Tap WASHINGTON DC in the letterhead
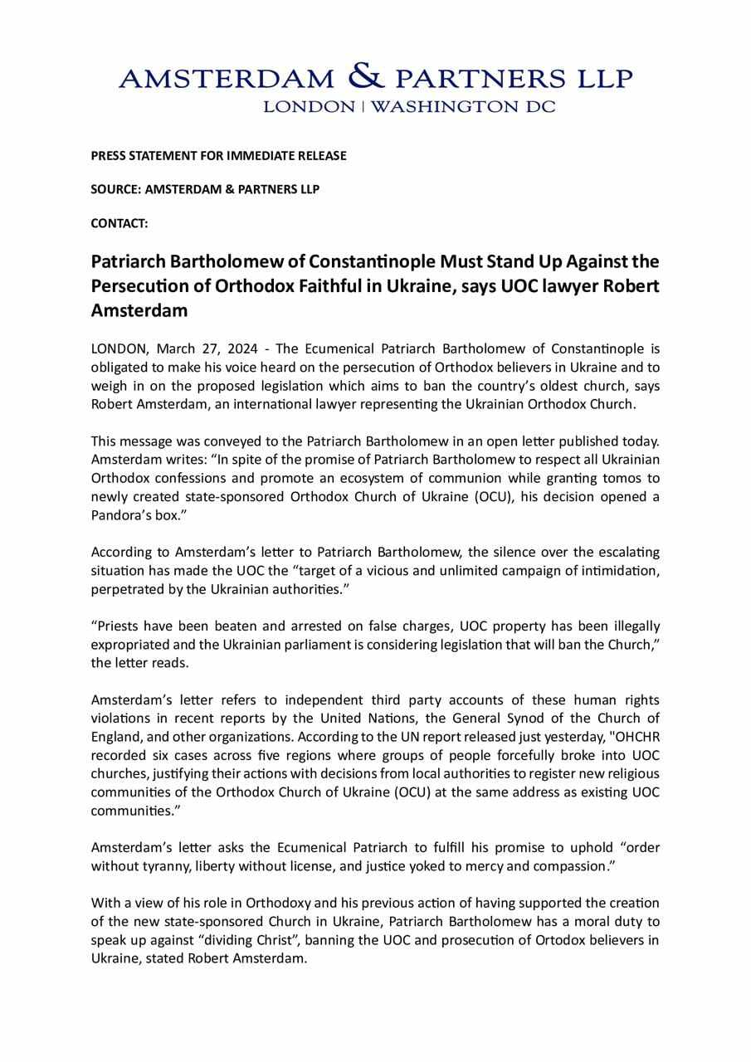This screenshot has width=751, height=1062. coord(463,106)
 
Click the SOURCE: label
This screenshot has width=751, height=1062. coord(116,189)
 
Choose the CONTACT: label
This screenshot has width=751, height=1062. coord(119,223)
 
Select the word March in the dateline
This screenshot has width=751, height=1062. coord(175,349)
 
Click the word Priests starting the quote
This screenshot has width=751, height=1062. coord(116,626)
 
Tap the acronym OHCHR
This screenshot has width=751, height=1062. coord(635,738)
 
